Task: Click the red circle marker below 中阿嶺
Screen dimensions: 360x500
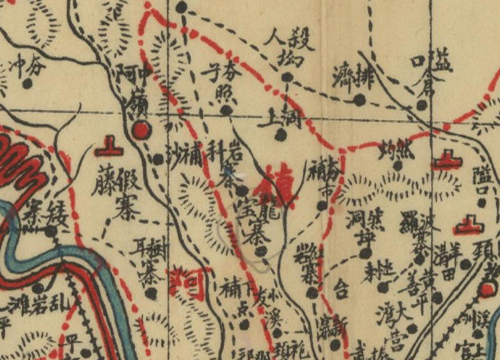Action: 141,130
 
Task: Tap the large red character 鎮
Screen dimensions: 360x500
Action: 279,186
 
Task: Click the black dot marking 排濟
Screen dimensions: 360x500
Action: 359,99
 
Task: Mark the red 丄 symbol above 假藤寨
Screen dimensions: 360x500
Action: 107,149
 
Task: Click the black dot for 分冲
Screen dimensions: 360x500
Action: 27,82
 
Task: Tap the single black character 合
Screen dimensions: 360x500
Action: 341,289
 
